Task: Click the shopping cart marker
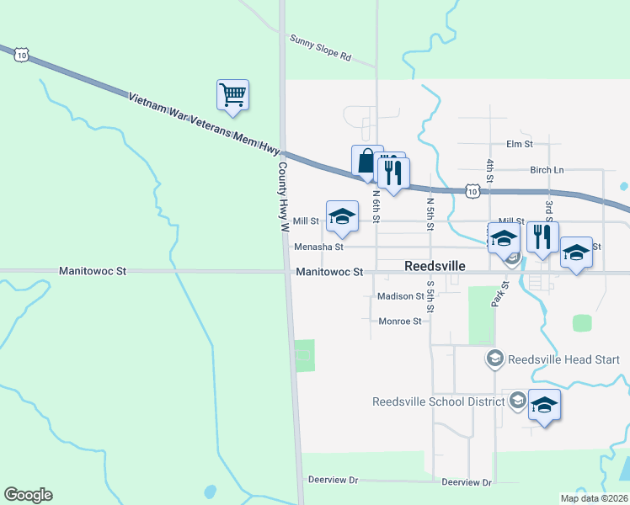232,95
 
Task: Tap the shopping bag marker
366,161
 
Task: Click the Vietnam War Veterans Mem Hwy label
204,123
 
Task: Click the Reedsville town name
435,265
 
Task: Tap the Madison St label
400,296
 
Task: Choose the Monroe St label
399,322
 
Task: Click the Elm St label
520,144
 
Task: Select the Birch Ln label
547,170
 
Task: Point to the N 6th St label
376,206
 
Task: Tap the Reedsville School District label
438,401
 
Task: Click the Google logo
28,495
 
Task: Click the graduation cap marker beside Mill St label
342,216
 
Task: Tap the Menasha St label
318,247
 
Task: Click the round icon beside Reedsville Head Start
495,359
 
